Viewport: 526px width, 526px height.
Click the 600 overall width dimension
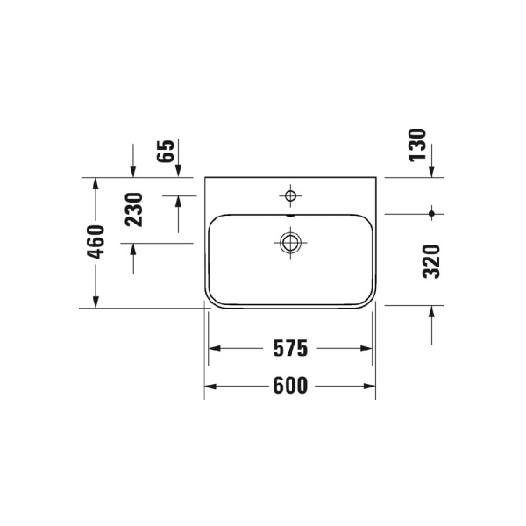pos(290,386)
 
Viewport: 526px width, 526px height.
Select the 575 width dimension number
pos(290,349)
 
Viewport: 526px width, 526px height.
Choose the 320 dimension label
pos(430,261)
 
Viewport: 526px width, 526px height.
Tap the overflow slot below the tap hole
pos(290,213)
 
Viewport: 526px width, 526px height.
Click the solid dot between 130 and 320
pos(432,213)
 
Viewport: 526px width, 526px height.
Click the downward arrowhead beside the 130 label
pos(432,171)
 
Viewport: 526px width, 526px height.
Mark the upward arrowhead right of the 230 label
pos(179,201)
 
